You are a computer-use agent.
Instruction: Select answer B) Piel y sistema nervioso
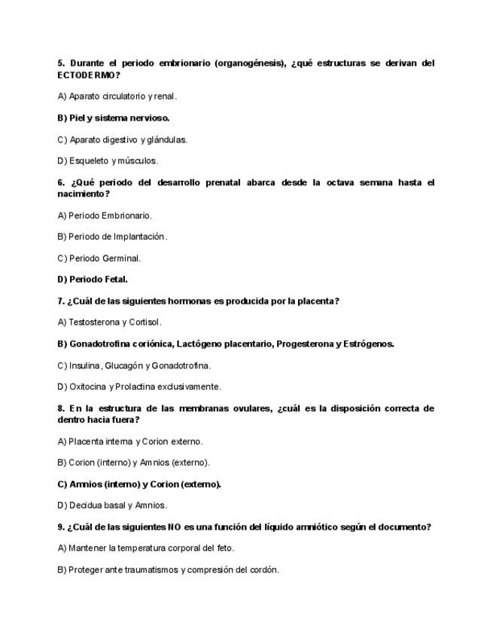coord(114,118)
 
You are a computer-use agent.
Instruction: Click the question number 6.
coord(60,182)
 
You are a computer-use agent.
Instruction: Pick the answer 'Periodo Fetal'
coord(93,279)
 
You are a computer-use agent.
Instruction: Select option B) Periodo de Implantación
coord(112,237)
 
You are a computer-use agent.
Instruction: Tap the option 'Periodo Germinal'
coord(99,258)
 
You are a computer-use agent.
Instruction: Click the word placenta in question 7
coord(317,301)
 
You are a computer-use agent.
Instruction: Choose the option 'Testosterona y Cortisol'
coord(109,322)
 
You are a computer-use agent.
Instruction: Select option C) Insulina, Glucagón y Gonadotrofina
coord(134,365)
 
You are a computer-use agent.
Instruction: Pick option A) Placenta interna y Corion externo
coord(129,442)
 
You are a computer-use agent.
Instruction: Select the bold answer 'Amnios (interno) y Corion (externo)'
coord(139,484)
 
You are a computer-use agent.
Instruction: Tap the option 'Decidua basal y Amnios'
coord(112,505)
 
